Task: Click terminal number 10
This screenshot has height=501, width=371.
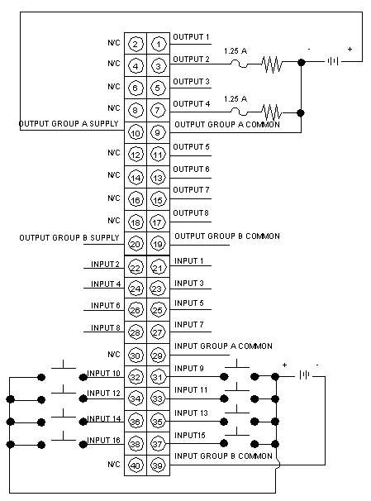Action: (136, 132)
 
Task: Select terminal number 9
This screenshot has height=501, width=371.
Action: (158, 132)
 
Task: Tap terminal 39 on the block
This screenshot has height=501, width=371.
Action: (158, 465)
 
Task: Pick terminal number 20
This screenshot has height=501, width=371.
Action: (136, 244)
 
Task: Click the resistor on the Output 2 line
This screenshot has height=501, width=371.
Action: (272, 64)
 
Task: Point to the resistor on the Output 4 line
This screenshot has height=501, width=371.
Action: (272, 112)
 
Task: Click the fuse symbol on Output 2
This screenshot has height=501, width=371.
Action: (239, 64)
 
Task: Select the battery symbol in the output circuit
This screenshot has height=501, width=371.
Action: (333, 61)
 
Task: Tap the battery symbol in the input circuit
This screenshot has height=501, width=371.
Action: (304, 375)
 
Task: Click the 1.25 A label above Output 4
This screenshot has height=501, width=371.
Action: (235, 99)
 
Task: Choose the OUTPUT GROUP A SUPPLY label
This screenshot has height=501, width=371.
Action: (69, 124)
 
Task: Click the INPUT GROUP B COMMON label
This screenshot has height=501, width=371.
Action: (223, 456)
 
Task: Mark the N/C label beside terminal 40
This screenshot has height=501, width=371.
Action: (114, 465)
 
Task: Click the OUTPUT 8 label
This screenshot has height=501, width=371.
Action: (191, 212)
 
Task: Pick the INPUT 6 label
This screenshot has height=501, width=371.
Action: (106, 305)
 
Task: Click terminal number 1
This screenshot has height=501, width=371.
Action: (159, 44)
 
